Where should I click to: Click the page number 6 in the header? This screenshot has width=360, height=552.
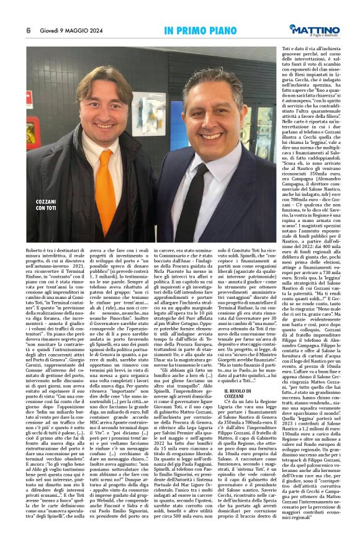pyautogui.click(x=28, y=30)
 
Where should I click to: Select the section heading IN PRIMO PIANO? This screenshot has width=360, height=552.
pyautogui.click(x=197, y=30)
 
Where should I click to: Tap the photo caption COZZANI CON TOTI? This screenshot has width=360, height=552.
pyautogui.click(x=45, y=205)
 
